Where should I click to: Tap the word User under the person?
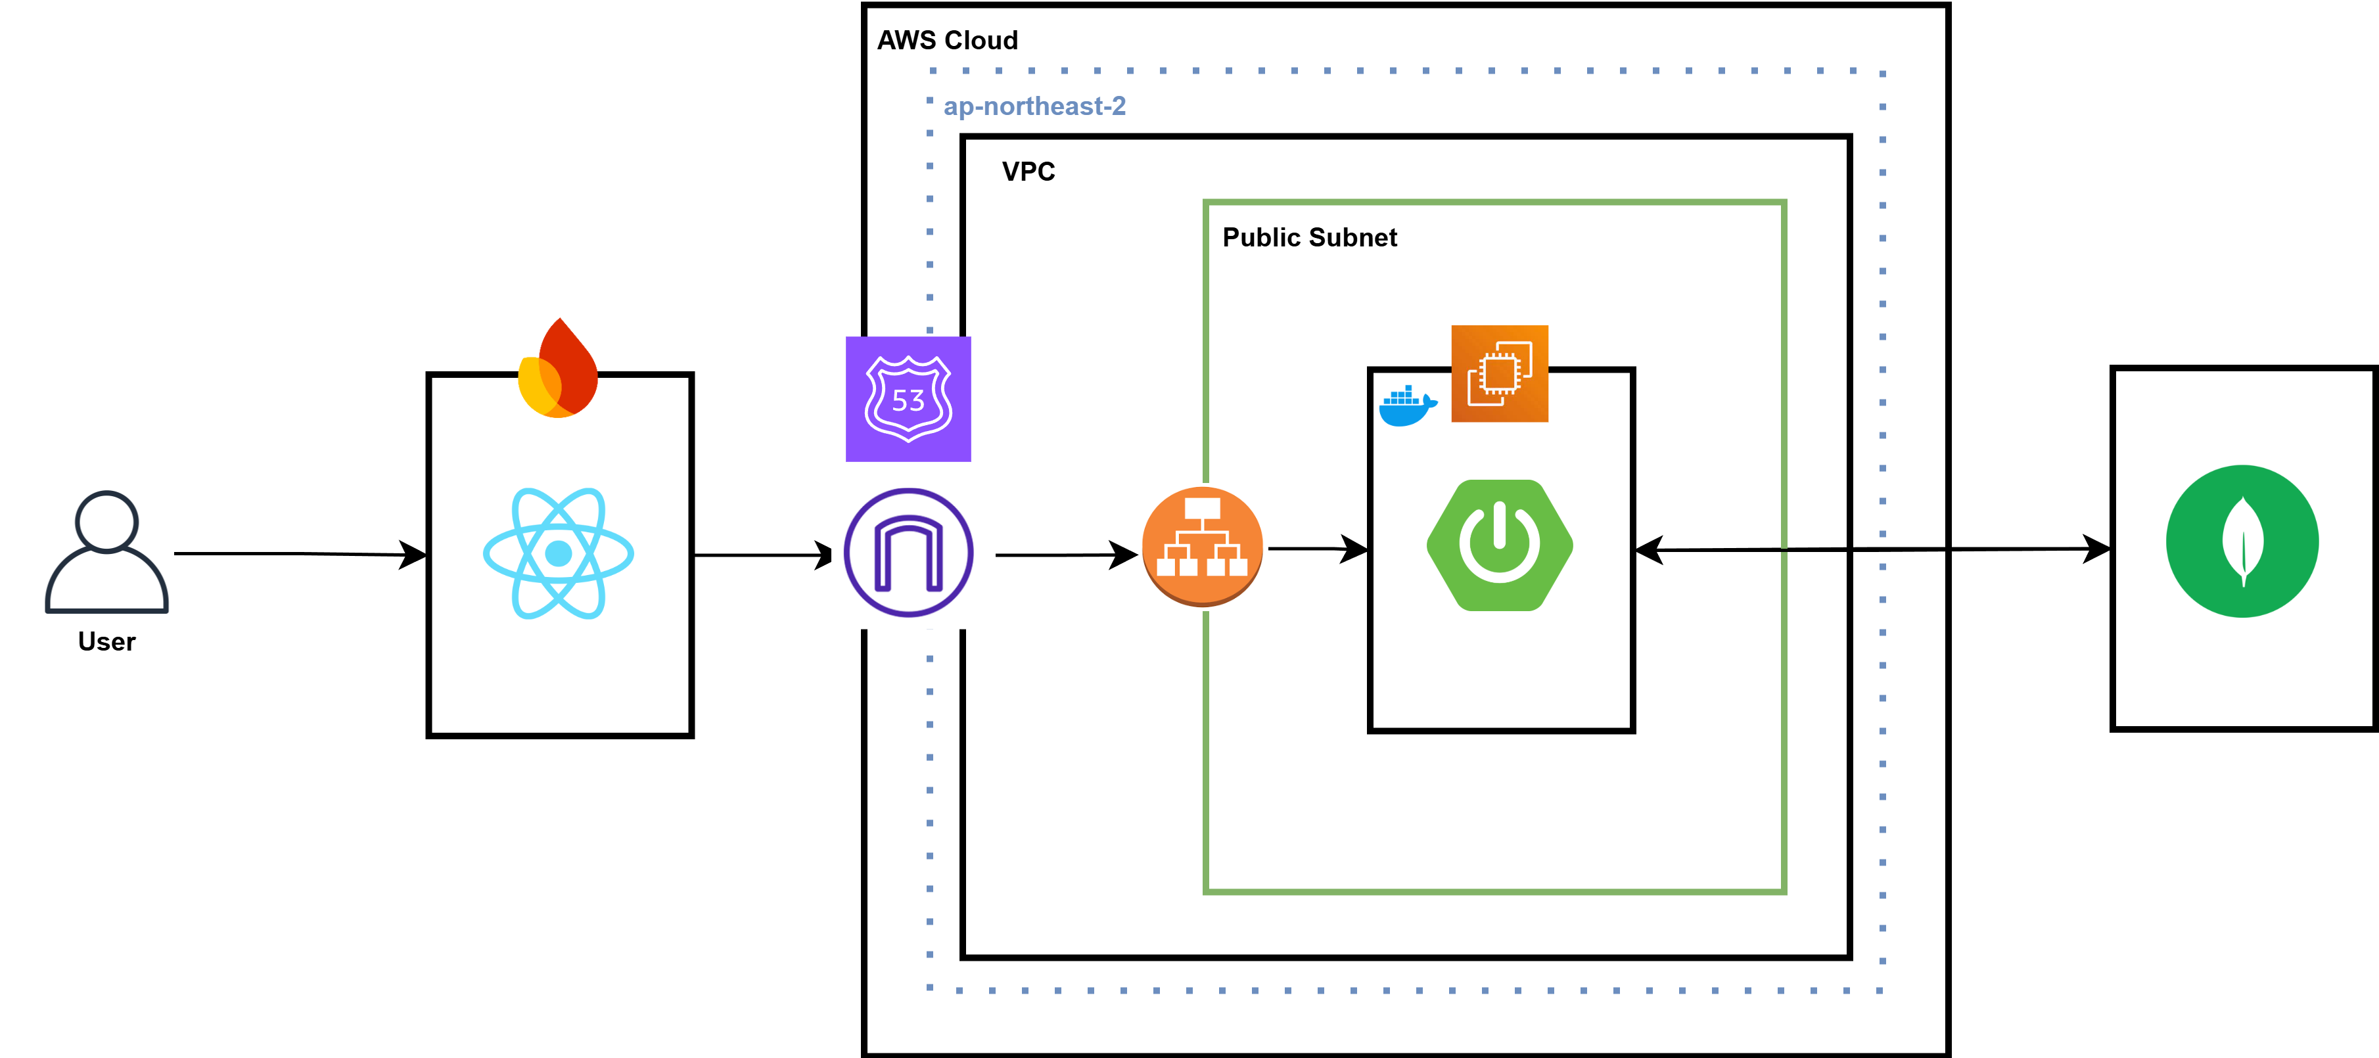(x=107, y=641)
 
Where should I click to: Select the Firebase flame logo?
(x=559, y=369)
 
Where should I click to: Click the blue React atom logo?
(x=559, y=553)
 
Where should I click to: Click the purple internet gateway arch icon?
(x=909, y=552)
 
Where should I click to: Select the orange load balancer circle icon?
(x=1203, y=547)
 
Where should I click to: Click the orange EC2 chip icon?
(x=1500, y=373)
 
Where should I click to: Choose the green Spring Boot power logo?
(x=1500, y=545)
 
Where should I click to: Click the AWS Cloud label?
(x=948, y=41)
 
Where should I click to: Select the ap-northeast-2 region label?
(x=1034, y=106)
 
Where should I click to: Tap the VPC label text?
(x=1028, y=172)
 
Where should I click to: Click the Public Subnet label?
(x=1310, y=237)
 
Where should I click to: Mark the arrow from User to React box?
(x=296, y=554)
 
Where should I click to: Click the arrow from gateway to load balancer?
(x=1062, y=555)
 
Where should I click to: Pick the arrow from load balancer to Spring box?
(x=1316, y=549)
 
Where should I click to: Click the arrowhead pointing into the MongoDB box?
(x=2096, y=549)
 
